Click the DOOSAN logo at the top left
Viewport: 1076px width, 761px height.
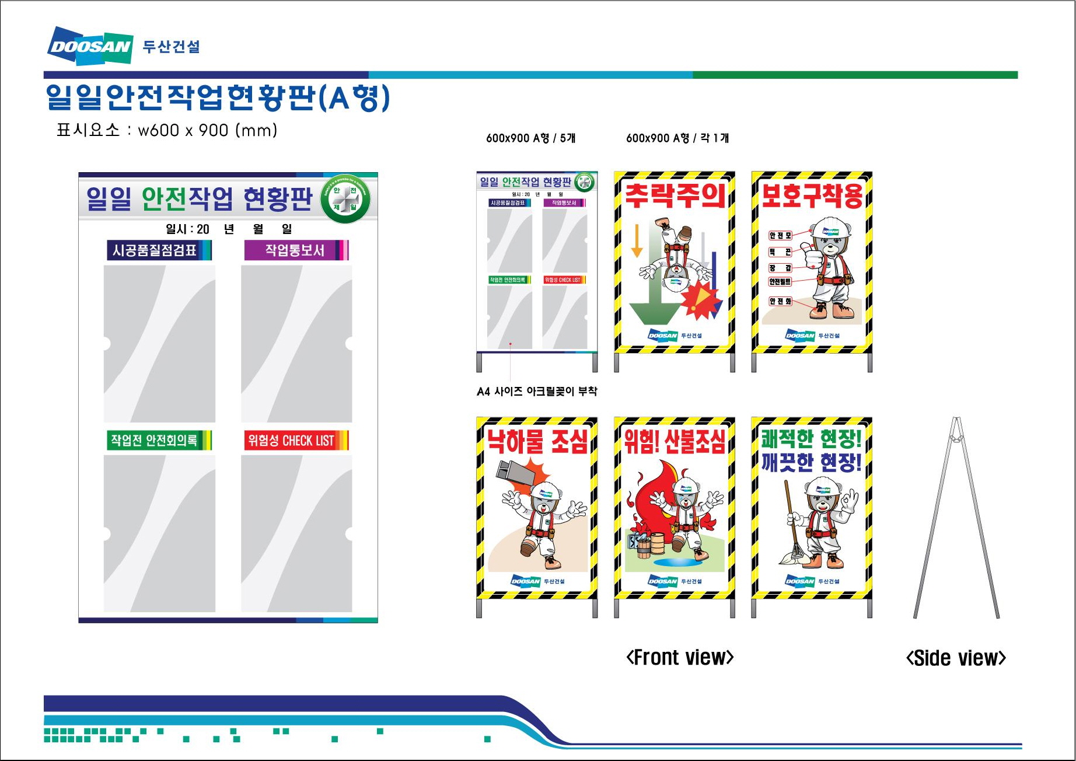click(90, 45)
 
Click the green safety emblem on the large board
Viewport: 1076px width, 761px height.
click(345, 198)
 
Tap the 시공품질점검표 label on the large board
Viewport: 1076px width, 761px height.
click(155, 250)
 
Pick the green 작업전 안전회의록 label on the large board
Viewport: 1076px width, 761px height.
click(155, 440)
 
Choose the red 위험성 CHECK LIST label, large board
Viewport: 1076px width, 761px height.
click(292, 440)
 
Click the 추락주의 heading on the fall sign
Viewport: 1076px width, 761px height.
click(675, 196)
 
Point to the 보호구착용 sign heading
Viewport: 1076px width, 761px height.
click(812, 196)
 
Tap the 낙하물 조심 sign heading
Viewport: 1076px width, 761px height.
click(537, 441)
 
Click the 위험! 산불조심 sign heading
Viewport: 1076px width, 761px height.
click(675, 441)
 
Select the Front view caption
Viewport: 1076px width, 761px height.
click(680, 658)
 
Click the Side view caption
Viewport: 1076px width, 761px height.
click(956, 658)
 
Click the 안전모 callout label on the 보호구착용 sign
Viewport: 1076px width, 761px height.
click(780, 235)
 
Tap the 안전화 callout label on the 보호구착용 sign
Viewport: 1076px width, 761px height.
click(780, 301)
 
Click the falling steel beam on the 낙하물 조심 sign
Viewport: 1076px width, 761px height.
click(515, 470)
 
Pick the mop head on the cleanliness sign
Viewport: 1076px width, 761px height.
click(792, 557)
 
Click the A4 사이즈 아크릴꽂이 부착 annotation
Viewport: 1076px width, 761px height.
click(537, 391)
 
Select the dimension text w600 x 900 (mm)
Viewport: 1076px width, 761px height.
click(207, 130)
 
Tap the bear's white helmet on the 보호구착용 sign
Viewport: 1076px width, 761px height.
click(831, 227)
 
